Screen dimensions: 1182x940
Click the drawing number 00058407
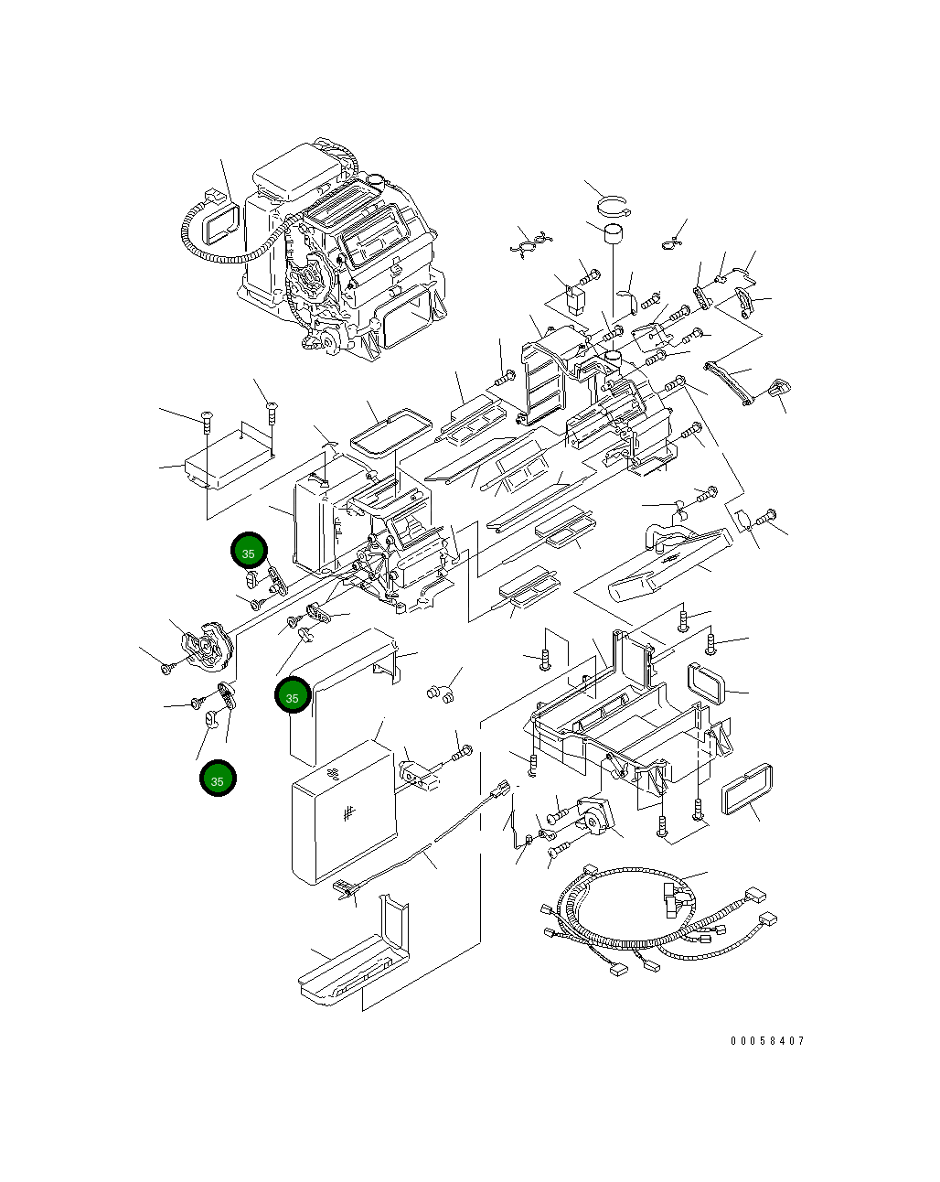click(767, 1041)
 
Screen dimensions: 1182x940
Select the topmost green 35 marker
click(248, 553)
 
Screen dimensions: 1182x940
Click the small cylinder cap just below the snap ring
click(613, 234)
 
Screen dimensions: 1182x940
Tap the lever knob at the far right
click(779, 389)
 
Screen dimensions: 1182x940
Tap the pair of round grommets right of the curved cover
click(440, 693)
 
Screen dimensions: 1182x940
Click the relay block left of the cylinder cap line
click(578, 300)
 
